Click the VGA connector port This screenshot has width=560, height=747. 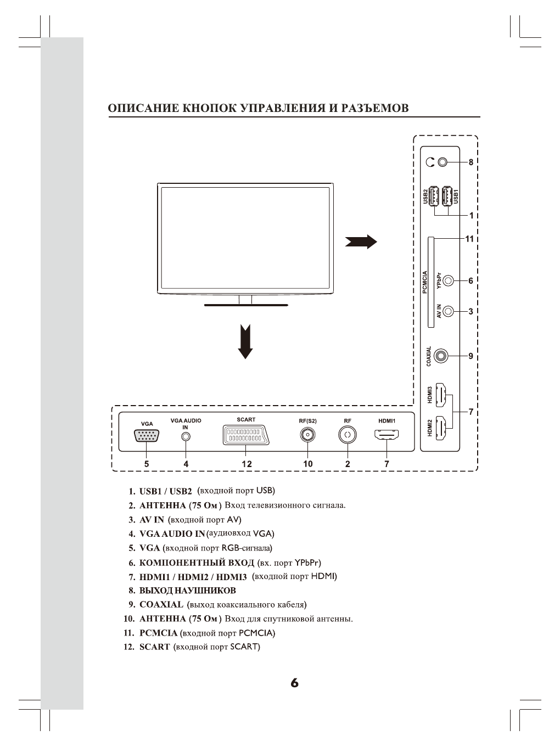point(147,436)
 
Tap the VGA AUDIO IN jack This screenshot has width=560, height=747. point(186,436)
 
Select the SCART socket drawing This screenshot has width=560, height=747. point(246,436)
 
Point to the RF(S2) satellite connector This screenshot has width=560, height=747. point(307,436)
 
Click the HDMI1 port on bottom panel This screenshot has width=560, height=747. point(387,436)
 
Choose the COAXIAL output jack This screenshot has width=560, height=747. point(441,356)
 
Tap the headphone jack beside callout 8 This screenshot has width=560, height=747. point(443,162)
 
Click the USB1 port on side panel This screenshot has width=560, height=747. point(447,196)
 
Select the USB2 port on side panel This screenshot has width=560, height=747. point(434,196)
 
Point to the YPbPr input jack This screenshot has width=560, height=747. point(449,280)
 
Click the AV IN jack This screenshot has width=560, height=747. point(449,311)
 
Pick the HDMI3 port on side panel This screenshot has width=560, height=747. point(440,395)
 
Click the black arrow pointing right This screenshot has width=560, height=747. point(361,241)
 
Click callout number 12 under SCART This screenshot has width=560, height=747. point(247,464)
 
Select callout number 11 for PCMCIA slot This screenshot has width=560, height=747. point(469,239)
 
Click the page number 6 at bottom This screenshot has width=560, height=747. point(295,683)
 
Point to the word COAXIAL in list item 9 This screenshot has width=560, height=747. point(161,605)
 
